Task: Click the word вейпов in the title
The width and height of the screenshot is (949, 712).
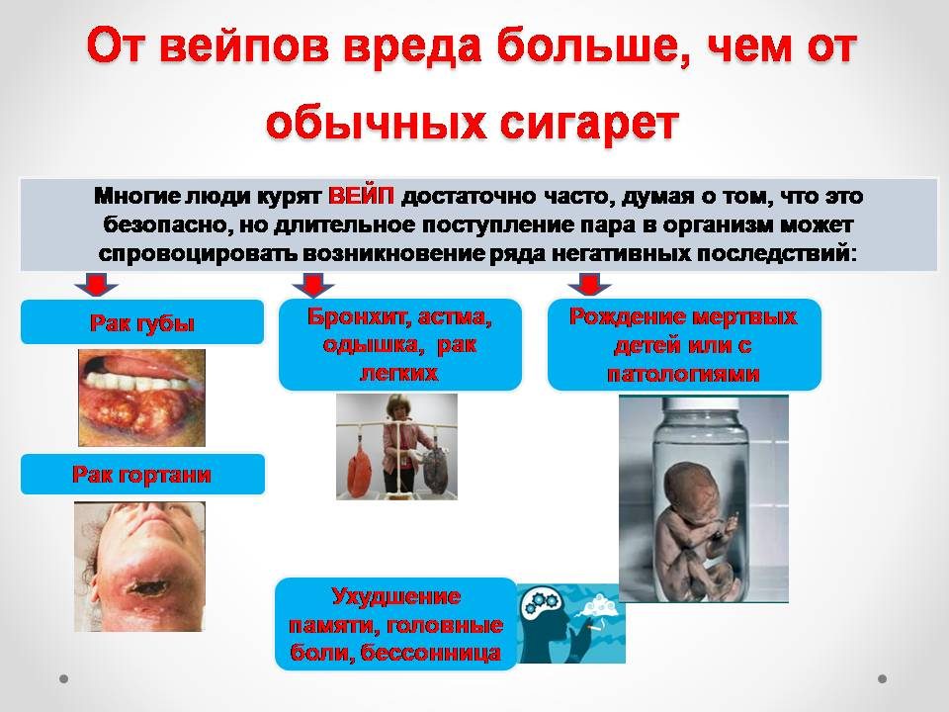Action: coord(244,47)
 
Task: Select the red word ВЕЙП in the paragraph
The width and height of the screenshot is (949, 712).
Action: coord(361,196)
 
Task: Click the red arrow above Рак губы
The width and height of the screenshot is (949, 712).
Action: coord(96,284)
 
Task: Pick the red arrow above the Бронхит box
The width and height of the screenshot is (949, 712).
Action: coord(313,285)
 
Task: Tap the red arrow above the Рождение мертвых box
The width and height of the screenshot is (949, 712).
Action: coord(589,284)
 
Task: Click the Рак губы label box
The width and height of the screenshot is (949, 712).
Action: coord(142,322)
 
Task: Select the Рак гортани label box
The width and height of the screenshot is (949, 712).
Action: coord(142,474)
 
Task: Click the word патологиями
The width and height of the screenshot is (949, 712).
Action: coord(683,374)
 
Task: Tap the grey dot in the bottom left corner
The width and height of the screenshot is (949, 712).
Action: coord(63,678)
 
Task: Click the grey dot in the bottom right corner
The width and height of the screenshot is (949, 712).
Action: coord(882,678)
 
